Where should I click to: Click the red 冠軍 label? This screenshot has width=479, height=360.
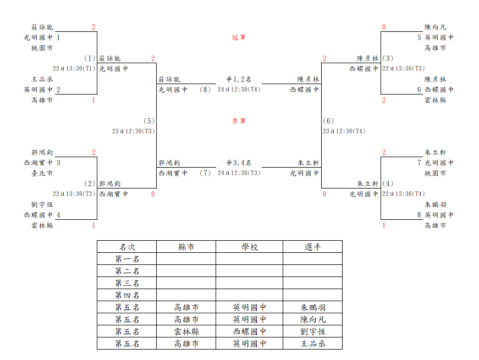(x=239, y=37)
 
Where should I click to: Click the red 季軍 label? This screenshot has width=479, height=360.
(x=239, y=121)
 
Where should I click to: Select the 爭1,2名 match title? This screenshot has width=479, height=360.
(x=239, y=79)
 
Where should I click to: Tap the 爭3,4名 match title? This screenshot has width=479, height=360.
(x=239, y=163)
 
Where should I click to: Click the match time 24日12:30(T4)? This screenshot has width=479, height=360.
(x=239, y=90)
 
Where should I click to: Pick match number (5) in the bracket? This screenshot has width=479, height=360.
(x=149, y=121)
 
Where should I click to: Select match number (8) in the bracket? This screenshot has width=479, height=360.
(x=205, y=90)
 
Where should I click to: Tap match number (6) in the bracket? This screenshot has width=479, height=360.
(x=328, y=121)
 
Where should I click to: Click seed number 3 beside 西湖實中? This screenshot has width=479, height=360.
(x=58, y=163)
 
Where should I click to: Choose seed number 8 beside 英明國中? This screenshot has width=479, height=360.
(x=419, y=215)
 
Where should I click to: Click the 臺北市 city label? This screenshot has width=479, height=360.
(x=42, y=173)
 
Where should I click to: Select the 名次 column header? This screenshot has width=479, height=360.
(x=126, y=247)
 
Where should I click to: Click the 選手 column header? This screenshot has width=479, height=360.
(x=312, y=247)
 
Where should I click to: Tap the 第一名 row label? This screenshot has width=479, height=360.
(x=126, y=259)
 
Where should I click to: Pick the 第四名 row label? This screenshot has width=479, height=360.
(x=126, y=295)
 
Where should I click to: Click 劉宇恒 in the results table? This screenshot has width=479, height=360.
(x=312, y=331)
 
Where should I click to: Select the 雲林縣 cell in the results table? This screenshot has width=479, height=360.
(x=186, y=331)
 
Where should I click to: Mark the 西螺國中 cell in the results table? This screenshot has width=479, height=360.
(x=249, y=331)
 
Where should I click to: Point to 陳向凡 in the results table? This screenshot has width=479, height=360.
(x=312, y=319)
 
